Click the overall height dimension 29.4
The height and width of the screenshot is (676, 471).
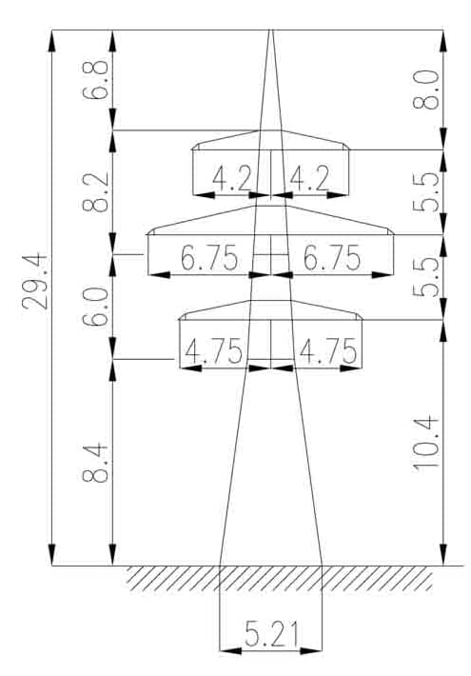pos(34,281)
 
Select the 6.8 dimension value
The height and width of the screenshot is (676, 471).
pos(95,80)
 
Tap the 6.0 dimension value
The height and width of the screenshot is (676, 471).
pos(95,307)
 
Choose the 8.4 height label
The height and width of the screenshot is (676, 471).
pos(95,462)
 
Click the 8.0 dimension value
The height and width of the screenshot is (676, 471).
pos(425,89)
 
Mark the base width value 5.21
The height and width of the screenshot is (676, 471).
pos(271,634)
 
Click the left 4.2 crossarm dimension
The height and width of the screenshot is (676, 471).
pos(232,178)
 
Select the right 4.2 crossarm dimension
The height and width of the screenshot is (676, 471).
pos(309,178)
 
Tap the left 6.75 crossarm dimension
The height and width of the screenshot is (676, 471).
pos(209,258)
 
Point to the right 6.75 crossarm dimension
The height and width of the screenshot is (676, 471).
pos(332,258)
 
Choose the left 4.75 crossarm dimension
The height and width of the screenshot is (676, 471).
pos(213,351)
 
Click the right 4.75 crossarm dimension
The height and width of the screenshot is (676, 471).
pos(328,351)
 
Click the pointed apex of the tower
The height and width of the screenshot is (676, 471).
pos(270,30)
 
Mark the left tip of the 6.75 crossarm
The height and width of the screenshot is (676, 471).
pos(147,234)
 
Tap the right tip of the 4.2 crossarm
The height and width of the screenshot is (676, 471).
pos(349,149)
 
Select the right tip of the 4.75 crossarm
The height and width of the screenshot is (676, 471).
pos(362,320)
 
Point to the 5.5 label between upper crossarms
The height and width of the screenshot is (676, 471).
pos(425,192)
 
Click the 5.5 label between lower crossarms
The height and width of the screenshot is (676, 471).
pos(425,277)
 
